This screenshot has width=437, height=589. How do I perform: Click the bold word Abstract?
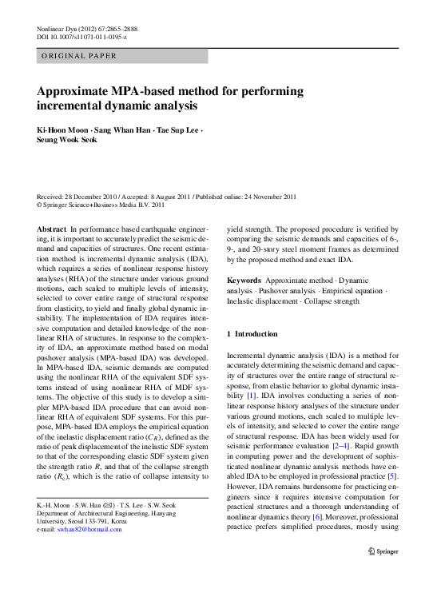point(52,229)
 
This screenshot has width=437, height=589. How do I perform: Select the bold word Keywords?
point(244,281)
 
